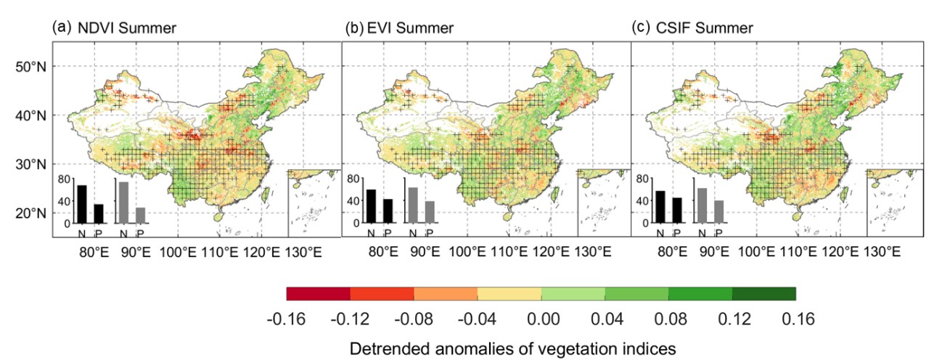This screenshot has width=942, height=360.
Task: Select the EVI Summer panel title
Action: pyautogui.click(x=410, y=28)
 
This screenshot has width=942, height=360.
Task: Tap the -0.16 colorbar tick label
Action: pyautogui.click(x=287, y=319)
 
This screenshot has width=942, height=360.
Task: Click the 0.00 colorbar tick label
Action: pyautogui.click(x=541, y=319)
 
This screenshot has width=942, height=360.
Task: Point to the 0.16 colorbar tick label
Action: pyautogui.click(x=796, y=319)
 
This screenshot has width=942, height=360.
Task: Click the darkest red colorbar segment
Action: pyautogui.click(x=319, y=294)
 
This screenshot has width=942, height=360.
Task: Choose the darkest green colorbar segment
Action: pyautogui.click(x=764, y=294)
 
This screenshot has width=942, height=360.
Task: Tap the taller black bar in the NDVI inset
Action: pyautogui.click(x=81, y=205)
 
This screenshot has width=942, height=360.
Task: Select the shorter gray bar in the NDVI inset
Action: pyautogui.click(x=141, y=216)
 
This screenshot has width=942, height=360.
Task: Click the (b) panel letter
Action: pyautogui.click(x=353, y=28)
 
